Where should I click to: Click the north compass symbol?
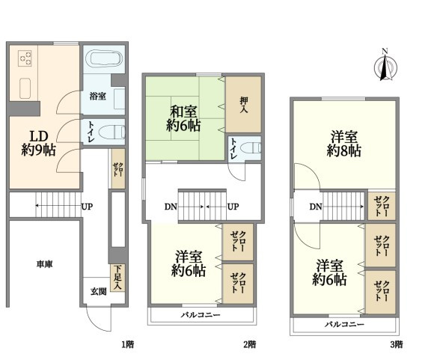[385, 66]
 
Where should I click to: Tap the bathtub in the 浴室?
[105, 59]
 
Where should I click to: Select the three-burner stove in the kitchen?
[25, 58]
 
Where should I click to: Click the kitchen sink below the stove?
[25, 88]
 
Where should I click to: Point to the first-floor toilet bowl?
[112, 132]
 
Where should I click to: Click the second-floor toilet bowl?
[251, 148]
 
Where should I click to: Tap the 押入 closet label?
[244, 105]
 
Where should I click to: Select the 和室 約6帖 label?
[183, 119]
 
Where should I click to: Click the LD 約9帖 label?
[38, 144]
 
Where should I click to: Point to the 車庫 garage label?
[45, 264]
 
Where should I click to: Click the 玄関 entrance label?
[98, 291]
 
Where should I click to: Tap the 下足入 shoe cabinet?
[117, 278]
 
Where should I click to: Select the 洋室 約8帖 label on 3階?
[343, 144]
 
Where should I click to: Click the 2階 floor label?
[250, 344]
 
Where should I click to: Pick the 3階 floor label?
[397, 344]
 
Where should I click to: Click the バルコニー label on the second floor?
[201, 315]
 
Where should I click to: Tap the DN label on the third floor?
[316, 207]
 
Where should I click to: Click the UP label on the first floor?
[87, 207]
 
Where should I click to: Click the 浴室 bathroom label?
[98, 97]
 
